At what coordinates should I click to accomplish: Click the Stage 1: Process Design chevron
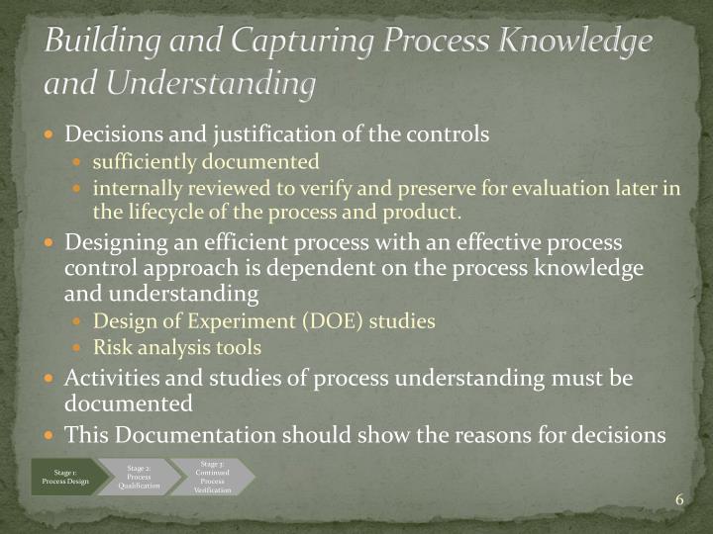tap(64, 476)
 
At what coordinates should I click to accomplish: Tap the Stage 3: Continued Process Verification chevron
tap(211, 476)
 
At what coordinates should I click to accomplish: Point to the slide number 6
tap(680, 498)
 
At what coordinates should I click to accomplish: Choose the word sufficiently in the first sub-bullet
tap(142, 161)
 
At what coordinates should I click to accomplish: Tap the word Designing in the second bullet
tap(110, 242)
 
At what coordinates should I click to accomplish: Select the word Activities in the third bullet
tap(106, 378)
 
